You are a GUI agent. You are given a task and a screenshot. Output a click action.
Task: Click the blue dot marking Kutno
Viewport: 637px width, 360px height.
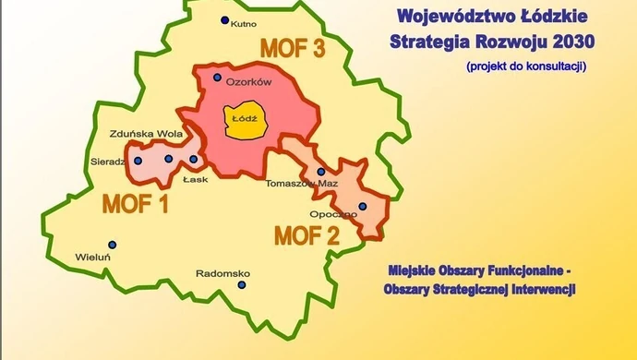223,20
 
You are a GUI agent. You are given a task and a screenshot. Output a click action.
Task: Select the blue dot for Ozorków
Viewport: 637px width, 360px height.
217,78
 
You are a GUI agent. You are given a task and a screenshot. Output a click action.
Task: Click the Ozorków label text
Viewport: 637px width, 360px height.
248,82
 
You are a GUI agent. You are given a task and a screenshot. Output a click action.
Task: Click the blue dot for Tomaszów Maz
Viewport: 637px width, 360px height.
321,171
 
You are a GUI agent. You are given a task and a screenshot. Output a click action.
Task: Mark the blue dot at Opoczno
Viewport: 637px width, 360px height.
362,206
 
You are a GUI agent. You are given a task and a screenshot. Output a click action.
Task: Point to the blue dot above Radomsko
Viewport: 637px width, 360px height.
242,284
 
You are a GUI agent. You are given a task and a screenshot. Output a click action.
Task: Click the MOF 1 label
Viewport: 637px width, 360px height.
135,203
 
